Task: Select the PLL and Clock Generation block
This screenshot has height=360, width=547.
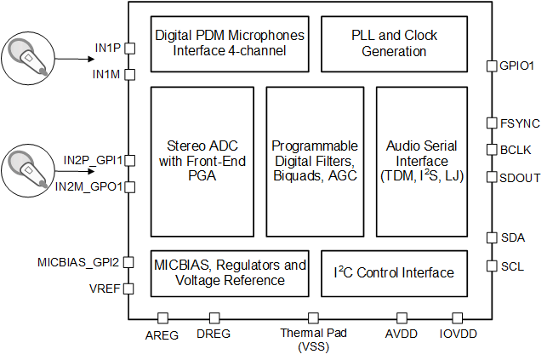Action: click(393, 44)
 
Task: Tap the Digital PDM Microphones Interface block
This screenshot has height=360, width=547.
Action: click(230, 44)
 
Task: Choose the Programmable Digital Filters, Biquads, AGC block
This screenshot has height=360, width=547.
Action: click(314, 161)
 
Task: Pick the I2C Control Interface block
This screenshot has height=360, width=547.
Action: click(393, 273)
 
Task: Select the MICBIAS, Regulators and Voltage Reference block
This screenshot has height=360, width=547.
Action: click(230, 273)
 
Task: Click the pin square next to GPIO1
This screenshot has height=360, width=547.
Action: click(491, 66)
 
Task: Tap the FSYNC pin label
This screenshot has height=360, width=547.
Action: click(516, 123)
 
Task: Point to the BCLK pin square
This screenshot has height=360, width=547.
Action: click(491, 150)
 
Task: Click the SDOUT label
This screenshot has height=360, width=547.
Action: click(519, 177)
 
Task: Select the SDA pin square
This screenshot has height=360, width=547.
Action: click(491, 237)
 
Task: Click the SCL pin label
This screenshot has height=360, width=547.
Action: click(512, 266)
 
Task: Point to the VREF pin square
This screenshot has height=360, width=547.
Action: click(129, 289)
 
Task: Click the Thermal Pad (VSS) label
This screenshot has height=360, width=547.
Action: click(313, 340)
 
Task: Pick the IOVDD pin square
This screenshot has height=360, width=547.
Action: click(457, 317)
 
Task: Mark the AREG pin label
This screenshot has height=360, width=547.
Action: click(162, 335)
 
